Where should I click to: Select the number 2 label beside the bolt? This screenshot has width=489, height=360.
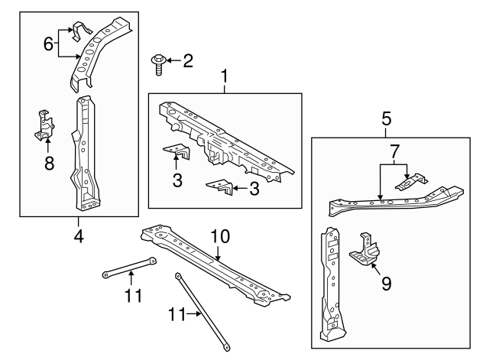(x=188, y=60)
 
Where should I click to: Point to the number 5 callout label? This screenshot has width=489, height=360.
(x=387, y=118)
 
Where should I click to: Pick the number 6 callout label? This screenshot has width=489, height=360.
(x=47, y=44)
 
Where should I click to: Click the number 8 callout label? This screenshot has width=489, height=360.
(x=48, y=163)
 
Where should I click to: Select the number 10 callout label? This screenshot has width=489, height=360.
(x=219, y=238)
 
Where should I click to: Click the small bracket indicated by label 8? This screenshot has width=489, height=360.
(x=46, y=125)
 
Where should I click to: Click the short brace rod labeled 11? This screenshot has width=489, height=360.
(x=130, y=268)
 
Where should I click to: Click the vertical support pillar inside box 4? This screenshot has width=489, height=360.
(x=86, y=153)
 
